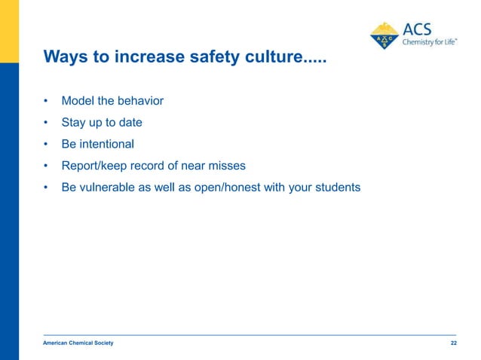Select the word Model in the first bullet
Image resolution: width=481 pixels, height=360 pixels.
78,101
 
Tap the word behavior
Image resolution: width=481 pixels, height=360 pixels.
140,101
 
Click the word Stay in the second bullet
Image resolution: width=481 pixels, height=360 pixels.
74,122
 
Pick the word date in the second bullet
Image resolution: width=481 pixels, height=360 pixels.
130,122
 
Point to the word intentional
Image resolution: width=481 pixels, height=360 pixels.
106,144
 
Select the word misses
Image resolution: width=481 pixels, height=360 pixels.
227,166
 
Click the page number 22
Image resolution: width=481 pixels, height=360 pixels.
453,343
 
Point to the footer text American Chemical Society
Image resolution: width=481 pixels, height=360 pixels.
78,343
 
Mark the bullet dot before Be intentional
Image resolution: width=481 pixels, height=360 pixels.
46,144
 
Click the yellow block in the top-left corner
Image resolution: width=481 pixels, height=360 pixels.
9,30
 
